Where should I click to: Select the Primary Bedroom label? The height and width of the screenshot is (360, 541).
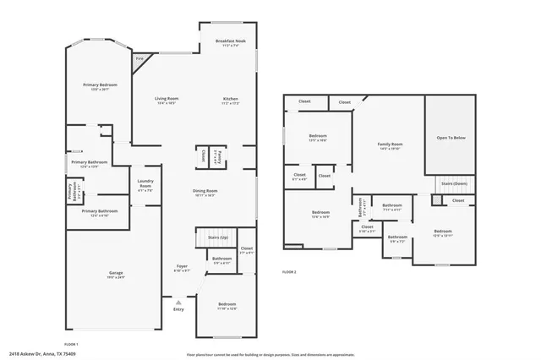coord(100,86)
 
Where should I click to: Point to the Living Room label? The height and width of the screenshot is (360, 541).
coord(166,101)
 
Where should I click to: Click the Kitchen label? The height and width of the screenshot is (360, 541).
coord(231,101)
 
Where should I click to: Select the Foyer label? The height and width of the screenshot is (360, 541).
coord(181,268)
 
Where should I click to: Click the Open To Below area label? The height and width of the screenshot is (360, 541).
coord(451,138)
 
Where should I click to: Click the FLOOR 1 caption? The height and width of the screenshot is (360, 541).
coord(71,344)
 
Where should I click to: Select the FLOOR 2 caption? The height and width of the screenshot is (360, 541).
coord(289,272)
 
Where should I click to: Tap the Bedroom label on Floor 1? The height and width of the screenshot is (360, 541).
coord(227,305)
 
